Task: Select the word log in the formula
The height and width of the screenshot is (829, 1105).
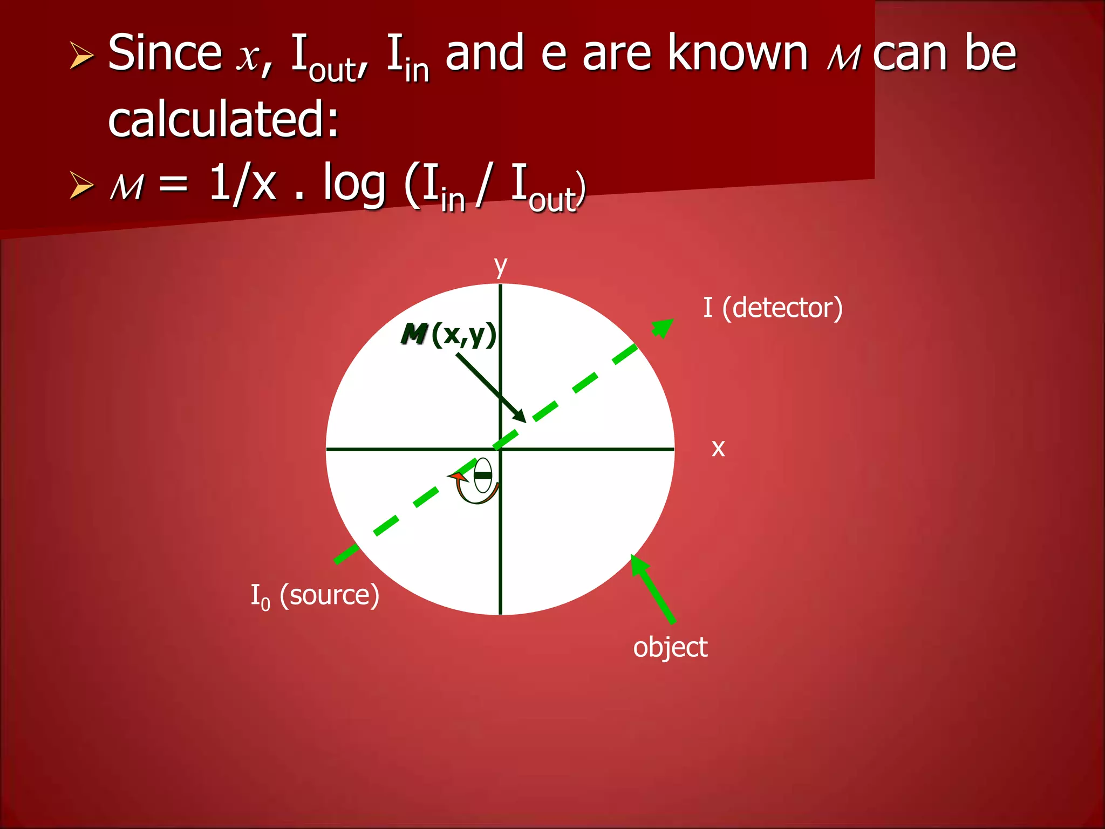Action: [x=354, y=184]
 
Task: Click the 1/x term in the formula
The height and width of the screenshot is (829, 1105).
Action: [x=242, y=184]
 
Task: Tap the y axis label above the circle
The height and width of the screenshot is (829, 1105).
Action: [x=501, y=266]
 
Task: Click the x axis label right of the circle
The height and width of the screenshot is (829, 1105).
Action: [x=718, y=448]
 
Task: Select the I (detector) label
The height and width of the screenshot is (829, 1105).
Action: [x=772, y=308]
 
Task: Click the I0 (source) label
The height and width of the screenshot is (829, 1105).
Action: [x=315, y=595]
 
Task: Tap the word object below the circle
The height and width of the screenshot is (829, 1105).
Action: [x=670, y=647]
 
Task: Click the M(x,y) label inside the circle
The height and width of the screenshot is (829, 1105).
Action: [x=448, y=335]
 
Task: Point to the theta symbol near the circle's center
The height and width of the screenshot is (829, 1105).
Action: [x=483, y=475]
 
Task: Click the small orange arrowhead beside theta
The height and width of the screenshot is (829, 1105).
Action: [x=458, y=477]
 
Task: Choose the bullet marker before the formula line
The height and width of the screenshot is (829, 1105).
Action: [x=81, y=186]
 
